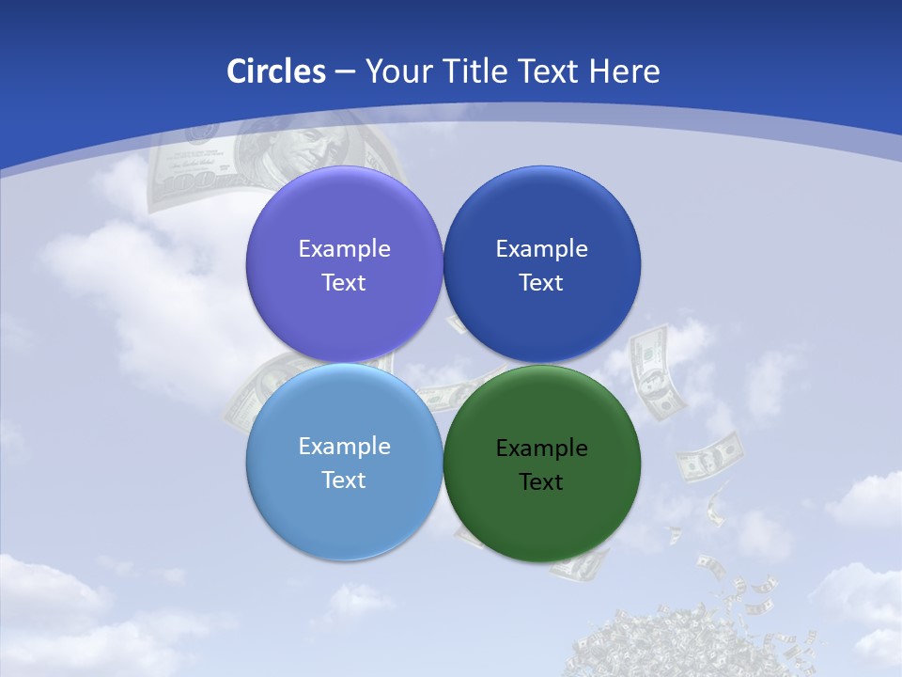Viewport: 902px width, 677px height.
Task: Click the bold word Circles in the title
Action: pyautogui.click(x=276, y=71)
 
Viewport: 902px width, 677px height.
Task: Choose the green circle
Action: pyautogui.click(x=541, y=512)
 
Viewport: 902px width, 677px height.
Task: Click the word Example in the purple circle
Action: pyautogui.click(x=344, y=249)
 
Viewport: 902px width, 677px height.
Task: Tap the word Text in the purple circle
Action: pyautogui.click(x=344, y=283)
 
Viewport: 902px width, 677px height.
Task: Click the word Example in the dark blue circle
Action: pyautogui.click(x=541, y=249)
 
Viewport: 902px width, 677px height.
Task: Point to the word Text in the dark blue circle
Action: pyautogui.click(x=541, y=283)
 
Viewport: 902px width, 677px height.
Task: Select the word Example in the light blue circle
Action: pyautogui.click(x=344, y=447)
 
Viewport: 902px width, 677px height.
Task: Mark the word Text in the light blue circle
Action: pyautogui.click(x=344, y=480)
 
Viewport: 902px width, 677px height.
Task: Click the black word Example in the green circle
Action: pyautogui.click(x=541, y=449)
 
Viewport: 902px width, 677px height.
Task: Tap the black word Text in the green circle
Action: pyautogui.click(x=541, y=482)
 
